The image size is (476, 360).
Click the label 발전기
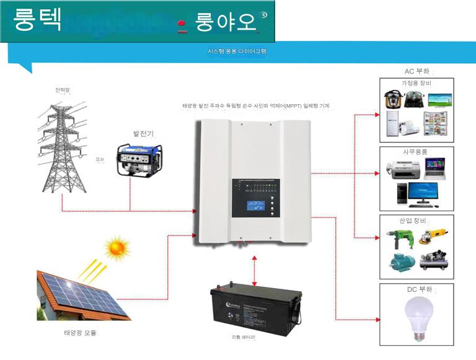pyautogui.click(x=143, y=133)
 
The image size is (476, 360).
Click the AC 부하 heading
pyautogui.click(x=416, y=71)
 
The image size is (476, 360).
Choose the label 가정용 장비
pyautogui.click(x=416, y=83)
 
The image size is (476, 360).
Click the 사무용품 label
pyautogui.click(x=415, y=152)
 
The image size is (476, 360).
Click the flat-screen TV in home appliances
pyautogui.click(x=439, y=99)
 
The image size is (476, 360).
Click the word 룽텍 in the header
pyautogui.click(x=38, y=20)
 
